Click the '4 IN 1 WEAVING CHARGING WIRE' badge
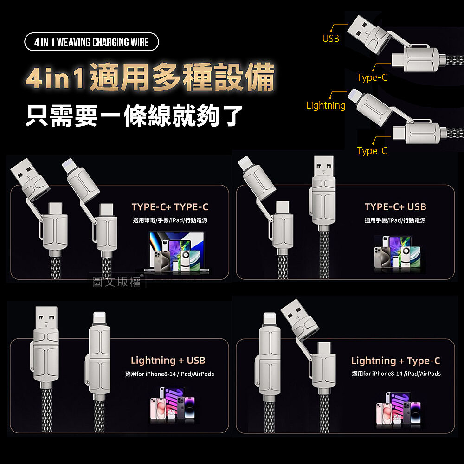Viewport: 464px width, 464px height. pyautogui.click(x=91, y=42)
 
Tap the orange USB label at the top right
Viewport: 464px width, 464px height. pyautogui.click(x=330, y=39)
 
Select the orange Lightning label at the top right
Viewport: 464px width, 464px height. pyautogui.click(x=326, y=105)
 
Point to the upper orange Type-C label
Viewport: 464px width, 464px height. pyautogui.click(x=372, y=77)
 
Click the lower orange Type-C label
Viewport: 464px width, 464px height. pyautogui.click(x=372, y=151)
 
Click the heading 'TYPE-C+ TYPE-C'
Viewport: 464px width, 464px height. pyautogui.click(x=170, y=207)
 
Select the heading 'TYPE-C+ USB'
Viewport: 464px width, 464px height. pyautogui.click(x=395, y=206)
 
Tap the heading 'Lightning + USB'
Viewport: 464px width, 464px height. pyautogui.click(x=168, y=361)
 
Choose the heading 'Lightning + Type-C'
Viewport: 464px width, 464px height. pyautogui.click(x=396, y=361)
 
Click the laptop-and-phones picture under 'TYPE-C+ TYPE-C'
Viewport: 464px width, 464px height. pyautogui.click(x=177, y=252)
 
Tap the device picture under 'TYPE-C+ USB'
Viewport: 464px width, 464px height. pyautogui.click(x=397, y=254)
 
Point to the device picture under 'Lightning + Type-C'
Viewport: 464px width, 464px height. pyautogui.click(x=398, y=409)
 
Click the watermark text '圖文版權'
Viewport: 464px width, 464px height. pyautogui.click(x=116, y=282)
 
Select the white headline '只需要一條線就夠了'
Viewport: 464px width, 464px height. pyautogui.click(x=134, y=116)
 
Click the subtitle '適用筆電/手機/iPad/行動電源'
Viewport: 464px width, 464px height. pyautogui.click(x=170, y=220)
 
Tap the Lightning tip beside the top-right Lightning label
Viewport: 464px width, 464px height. pyautogui.click(x=354, y=95)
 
